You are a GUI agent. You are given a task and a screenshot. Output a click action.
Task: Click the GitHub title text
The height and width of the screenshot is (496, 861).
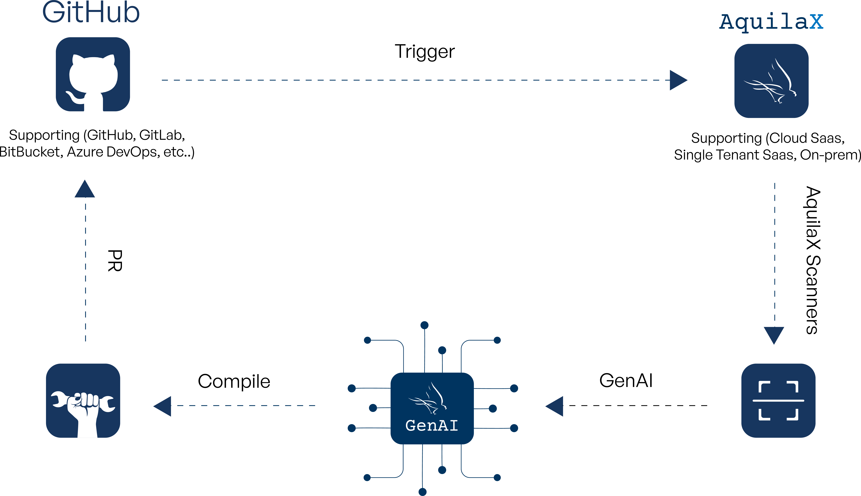(91, 13)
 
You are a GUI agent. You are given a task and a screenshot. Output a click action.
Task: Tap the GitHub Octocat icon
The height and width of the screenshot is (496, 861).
(93, 74)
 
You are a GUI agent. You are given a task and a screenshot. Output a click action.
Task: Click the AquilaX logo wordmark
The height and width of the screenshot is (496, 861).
(771, 22)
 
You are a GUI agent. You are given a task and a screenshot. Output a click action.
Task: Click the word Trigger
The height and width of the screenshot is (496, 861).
(424, 52)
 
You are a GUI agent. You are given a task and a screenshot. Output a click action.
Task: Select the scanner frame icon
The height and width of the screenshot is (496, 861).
(778, 401)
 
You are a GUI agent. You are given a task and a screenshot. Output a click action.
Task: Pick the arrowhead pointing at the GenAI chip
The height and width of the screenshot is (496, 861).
(555, 406)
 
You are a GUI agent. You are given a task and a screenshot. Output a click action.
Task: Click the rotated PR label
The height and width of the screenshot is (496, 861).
(115, 261)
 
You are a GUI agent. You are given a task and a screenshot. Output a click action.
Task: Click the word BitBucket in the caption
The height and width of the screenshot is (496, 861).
(31, 152)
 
